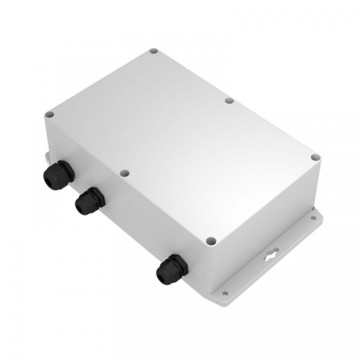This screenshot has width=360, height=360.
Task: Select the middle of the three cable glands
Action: (89, 200)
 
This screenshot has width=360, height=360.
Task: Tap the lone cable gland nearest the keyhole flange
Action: (171, 269)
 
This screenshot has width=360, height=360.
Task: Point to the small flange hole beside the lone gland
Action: (225, 293)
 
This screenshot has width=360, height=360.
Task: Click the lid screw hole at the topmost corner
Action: (154, 52)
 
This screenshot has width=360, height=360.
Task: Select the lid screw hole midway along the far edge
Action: (229, 100)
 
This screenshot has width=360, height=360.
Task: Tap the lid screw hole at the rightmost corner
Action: (316, 158)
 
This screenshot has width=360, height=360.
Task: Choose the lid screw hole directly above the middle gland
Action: (124, 173)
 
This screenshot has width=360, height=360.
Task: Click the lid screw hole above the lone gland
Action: (211, 241)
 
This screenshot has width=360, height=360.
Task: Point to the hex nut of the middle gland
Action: (94, 197)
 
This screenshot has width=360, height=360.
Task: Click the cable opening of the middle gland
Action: (80, 206)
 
